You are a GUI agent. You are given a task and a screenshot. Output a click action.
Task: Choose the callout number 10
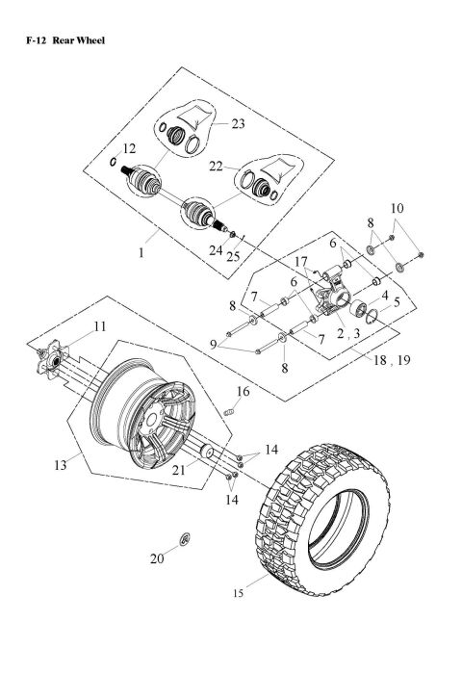[397, 207]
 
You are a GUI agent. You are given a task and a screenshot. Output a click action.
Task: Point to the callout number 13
[61, 464]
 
